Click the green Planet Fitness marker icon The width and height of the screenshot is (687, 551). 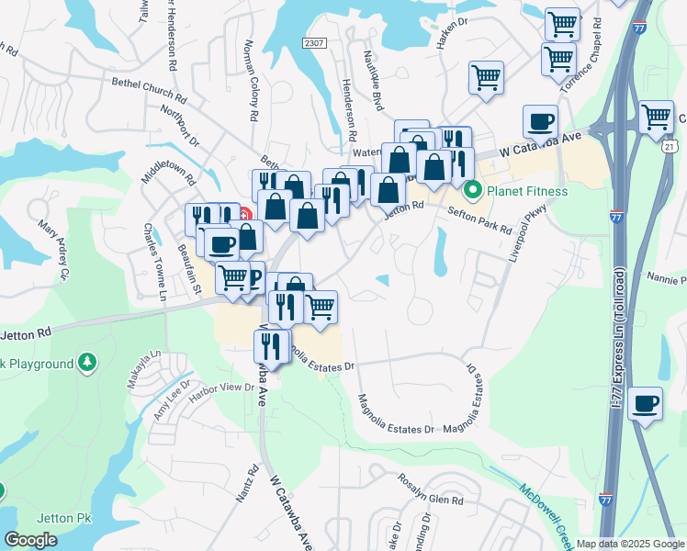click(x=474, y=191)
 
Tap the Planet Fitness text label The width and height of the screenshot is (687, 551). click(x=527, y=191)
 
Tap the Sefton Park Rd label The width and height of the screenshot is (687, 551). click(x=479, y=220)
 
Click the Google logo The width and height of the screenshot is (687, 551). click(x=31, y=540)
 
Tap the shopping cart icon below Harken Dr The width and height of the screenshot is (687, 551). click(x=486, y=78)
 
